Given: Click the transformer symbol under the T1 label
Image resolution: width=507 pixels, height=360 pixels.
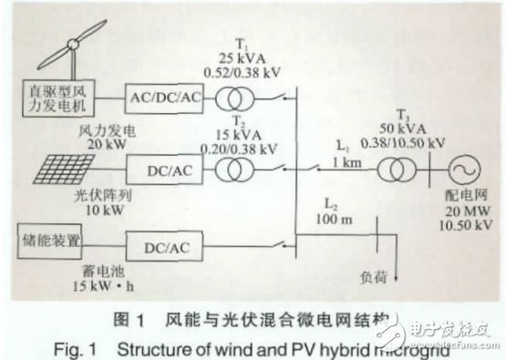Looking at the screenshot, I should [x=243, y=93].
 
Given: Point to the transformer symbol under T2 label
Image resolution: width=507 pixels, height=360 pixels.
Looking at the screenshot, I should [x=243, y=170].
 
